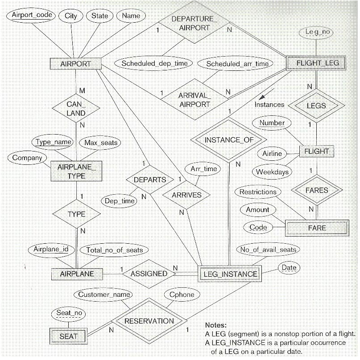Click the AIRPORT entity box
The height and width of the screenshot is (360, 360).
[x=75, y=64]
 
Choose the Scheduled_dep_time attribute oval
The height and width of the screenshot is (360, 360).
[x=154, y=63]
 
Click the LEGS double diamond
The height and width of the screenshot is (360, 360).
[x=316, y=106]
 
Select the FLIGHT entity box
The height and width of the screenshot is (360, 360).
[x=316, y=151]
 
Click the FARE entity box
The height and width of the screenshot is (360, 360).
[x=316, y=228]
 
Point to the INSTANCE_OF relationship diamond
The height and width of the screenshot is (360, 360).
[x=229, y=139]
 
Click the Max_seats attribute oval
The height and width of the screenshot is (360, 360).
[x=99, y=143]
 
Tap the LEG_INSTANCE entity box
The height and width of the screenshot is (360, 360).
[x=229, y=274]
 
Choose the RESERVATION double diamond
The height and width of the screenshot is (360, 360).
[x=149, y=321]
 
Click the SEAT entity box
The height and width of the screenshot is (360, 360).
[x=68, y=336]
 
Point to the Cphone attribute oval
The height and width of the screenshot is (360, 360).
[x=182, y=295]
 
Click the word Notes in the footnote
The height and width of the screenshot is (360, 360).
[x=215, y=325]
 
